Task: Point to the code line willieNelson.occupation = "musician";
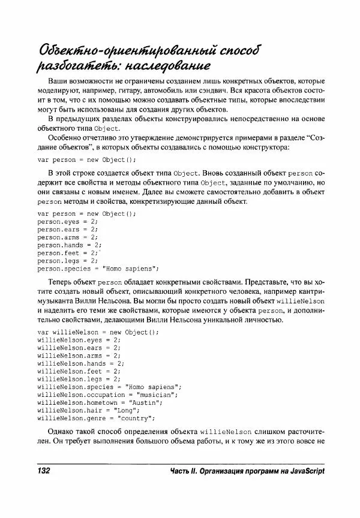(107, 395)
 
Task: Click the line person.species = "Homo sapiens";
(98, 269)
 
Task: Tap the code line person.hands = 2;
(70, 245)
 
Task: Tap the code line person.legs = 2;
(67, 261)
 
